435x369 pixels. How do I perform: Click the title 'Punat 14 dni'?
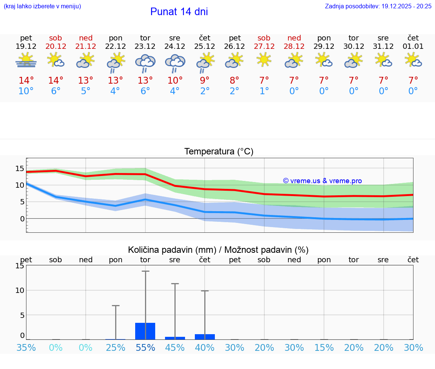179,12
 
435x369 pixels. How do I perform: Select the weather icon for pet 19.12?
26,60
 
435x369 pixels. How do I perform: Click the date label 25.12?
205,47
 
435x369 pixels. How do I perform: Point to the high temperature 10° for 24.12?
175,81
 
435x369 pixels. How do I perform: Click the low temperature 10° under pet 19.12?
26,91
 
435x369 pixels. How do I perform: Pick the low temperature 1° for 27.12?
264,91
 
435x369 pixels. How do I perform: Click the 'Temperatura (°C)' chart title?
219,152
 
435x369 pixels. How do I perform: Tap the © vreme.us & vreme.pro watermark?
322,181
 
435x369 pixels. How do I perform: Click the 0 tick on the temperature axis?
22,219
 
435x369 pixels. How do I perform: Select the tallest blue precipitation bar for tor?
145,331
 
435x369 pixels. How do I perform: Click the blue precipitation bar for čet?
205,337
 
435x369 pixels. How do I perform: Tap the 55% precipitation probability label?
145,348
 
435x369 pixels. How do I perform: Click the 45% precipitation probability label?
175,348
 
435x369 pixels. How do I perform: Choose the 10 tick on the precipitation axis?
20,290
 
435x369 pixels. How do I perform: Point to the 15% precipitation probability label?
324,348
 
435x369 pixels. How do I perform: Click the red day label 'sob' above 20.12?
56,38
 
